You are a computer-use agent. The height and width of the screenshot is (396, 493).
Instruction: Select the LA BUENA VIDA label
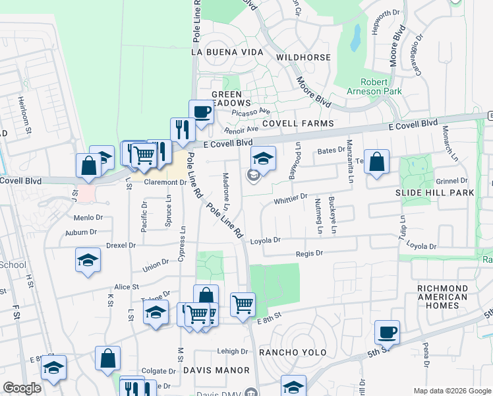227,51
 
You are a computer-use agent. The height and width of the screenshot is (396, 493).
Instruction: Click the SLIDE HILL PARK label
434,192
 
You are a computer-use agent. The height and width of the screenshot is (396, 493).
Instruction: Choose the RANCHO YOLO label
293,352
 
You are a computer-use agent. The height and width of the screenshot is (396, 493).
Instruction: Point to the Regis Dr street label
309,253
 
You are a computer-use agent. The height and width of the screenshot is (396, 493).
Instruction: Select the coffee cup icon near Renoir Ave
202,112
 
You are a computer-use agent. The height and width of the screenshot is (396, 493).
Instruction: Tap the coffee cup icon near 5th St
387,332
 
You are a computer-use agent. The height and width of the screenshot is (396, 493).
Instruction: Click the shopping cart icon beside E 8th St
243,305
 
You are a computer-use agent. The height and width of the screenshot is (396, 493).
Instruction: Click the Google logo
22,388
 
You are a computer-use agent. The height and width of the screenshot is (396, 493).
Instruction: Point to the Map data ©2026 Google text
451,391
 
